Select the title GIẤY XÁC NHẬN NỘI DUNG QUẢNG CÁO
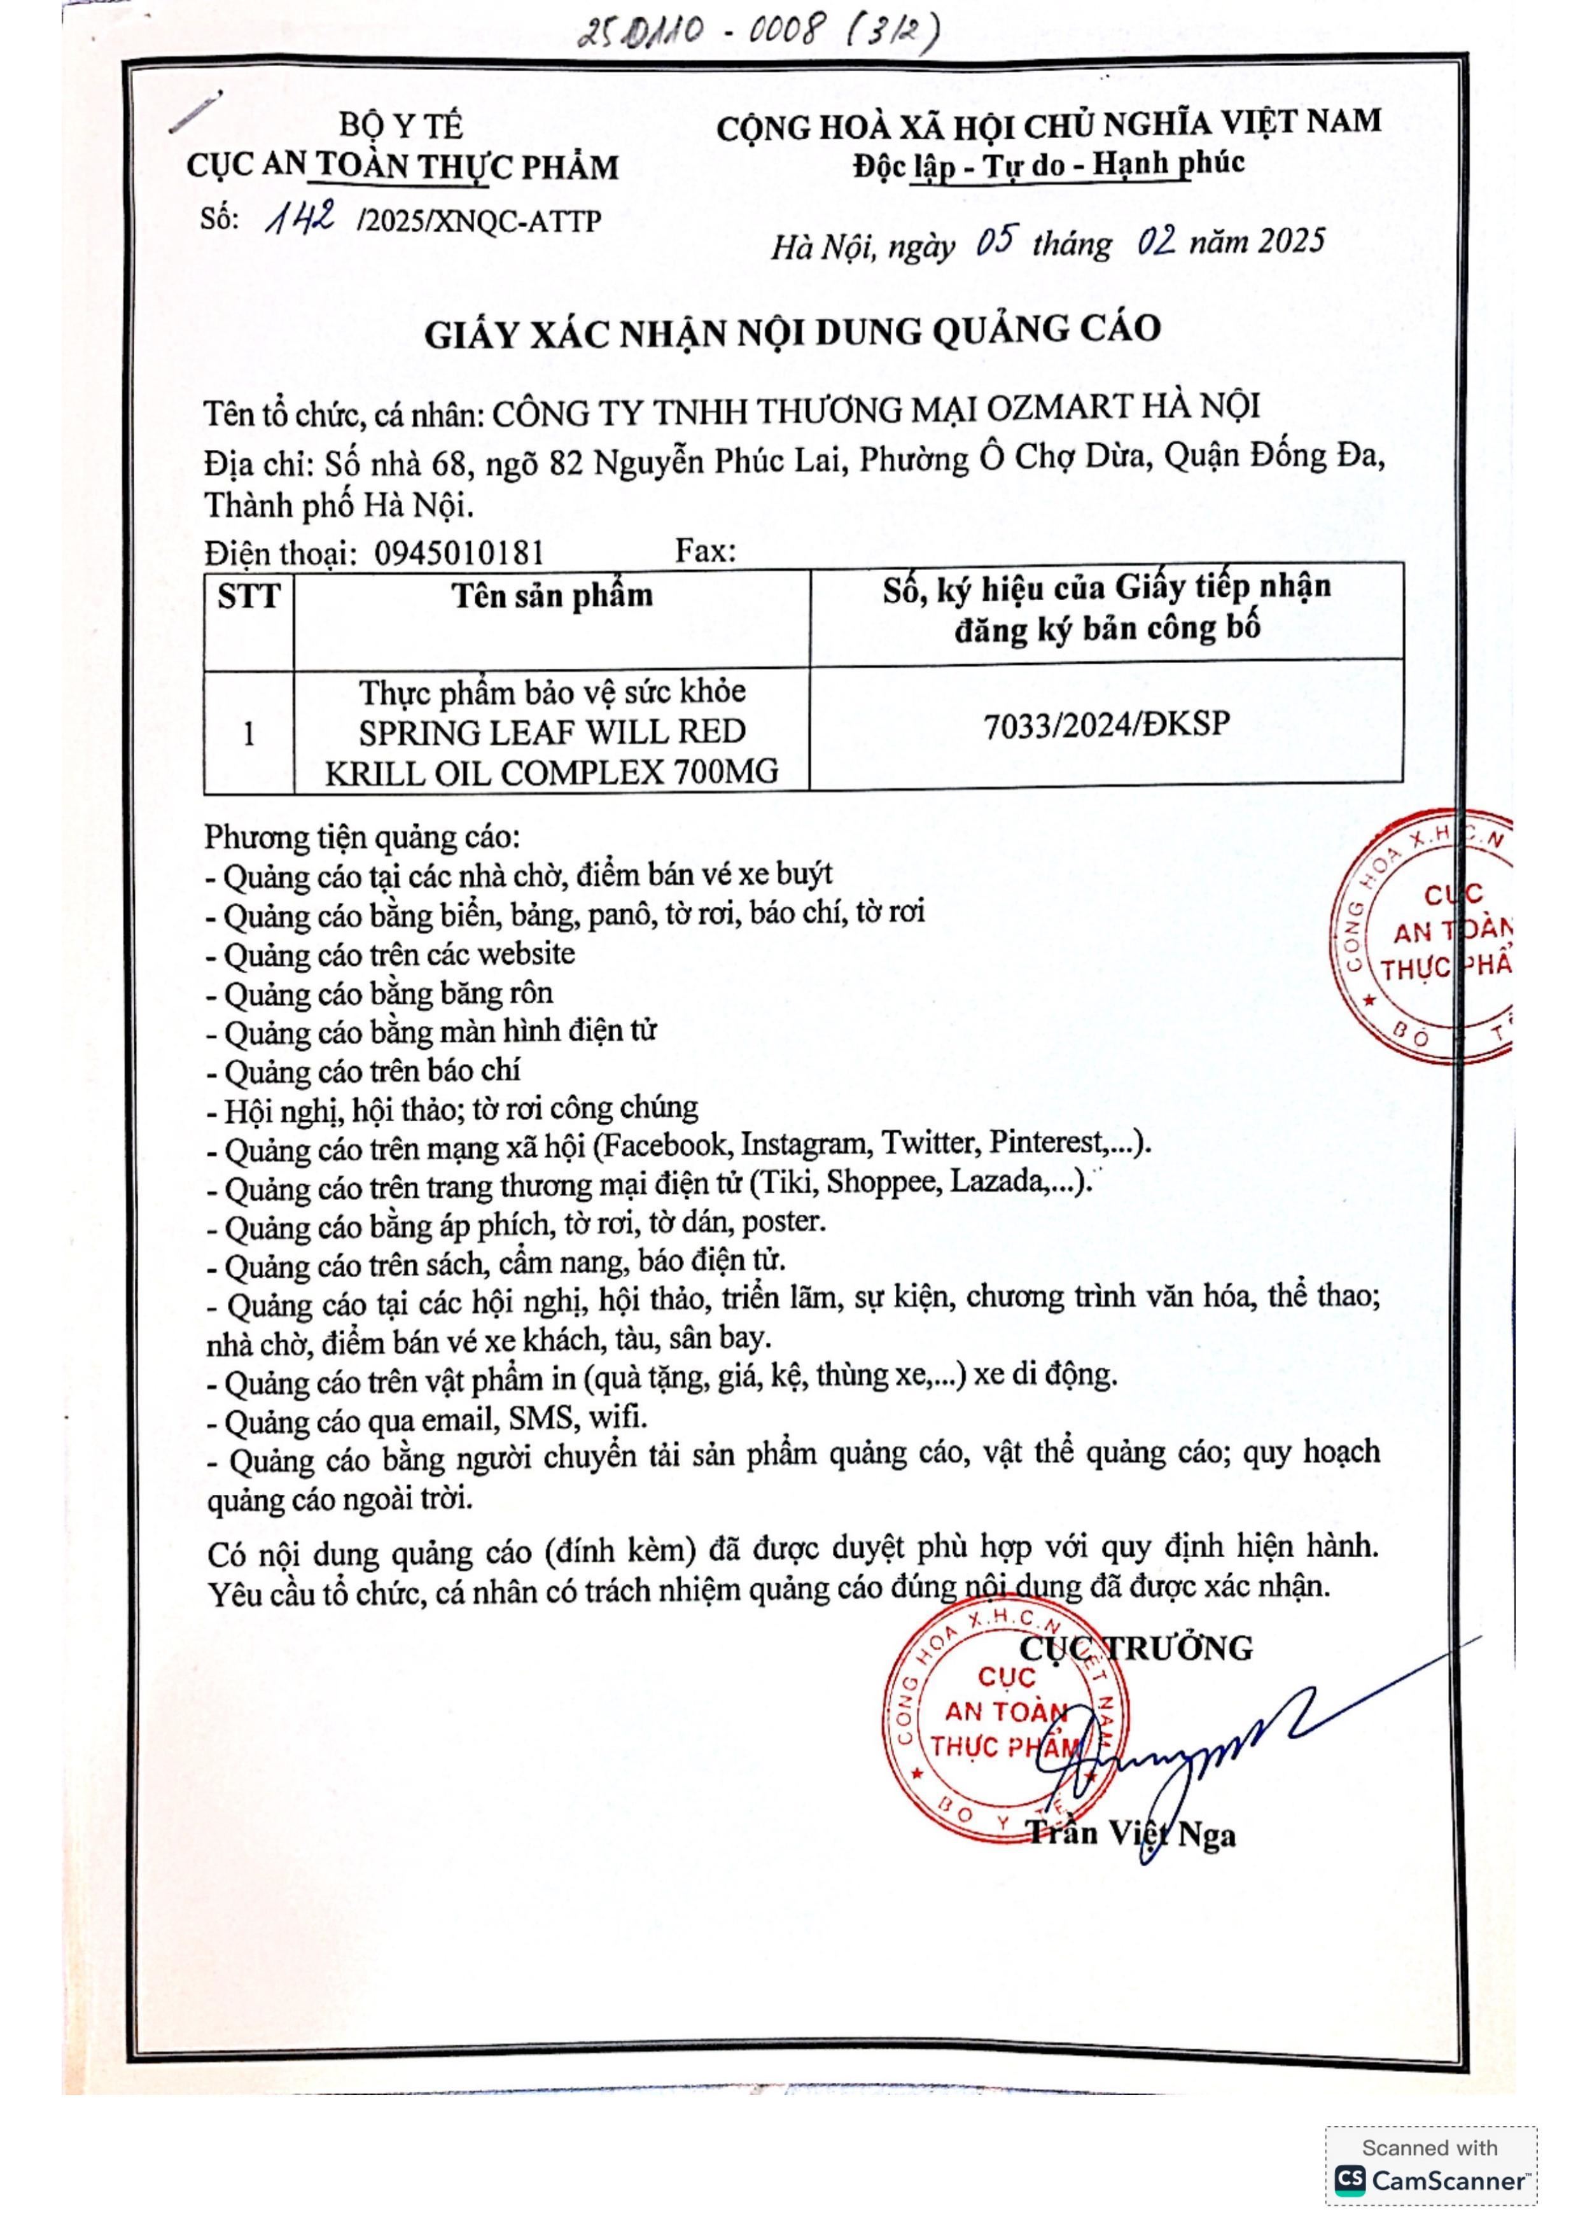[x=792, y=332]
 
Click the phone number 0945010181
[x=459, y=554]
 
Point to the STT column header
[x=249, y=596]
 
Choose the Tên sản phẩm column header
[x=551, y=595]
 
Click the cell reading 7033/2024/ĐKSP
[x=1107, y=725]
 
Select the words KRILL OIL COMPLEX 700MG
[x=551, y=772]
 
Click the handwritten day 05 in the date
[x=996, y=240]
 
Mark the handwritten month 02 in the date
[x=1157, y=240]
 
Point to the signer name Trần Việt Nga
[x=1132, y=1834]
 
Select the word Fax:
[x=705, y=552]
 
